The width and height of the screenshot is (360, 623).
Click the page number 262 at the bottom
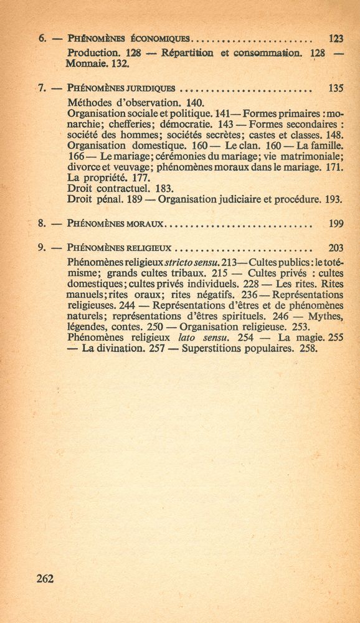coord(45,578)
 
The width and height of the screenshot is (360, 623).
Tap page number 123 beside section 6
coord(336,39)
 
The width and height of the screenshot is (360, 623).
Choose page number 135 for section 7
coord(336,88)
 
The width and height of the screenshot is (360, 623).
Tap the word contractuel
coord(120,189)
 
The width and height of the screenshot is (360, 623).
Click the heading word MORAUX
coord(146,223)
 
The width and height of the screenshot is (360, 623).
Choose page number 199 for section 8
coord(336,223)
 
